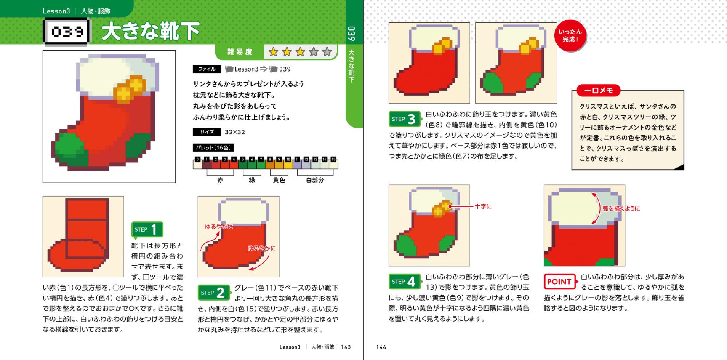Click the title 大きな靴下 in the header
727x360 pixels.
(x=151, y=32)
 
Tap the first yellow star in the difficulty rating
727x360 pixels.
(x=274, y=52)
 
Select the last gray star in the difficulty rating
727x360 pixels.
(x=327, y=52)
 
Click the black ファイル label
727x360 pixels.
(x=207, y=69)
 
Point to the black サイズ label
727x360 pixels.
(x=207, y=132)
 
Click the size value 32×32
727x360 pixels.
(x=235, y=132)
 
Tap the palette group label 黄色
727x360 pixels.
(x=279, y=180)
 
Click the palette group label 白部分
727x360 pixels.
(x=315, y=180)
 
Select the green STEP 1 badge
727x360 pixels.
(x=147, y=229)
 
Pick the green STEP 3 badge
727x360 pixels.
(x=404, y=119)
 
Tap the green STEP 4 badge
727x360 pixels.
(x=404, y=281)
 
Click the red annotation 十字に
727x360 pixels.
(x=483, y=206)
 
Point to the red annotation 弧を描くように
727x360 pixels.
(x=621, y=208)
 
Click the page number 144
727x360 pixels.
(x=381, y=347)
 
